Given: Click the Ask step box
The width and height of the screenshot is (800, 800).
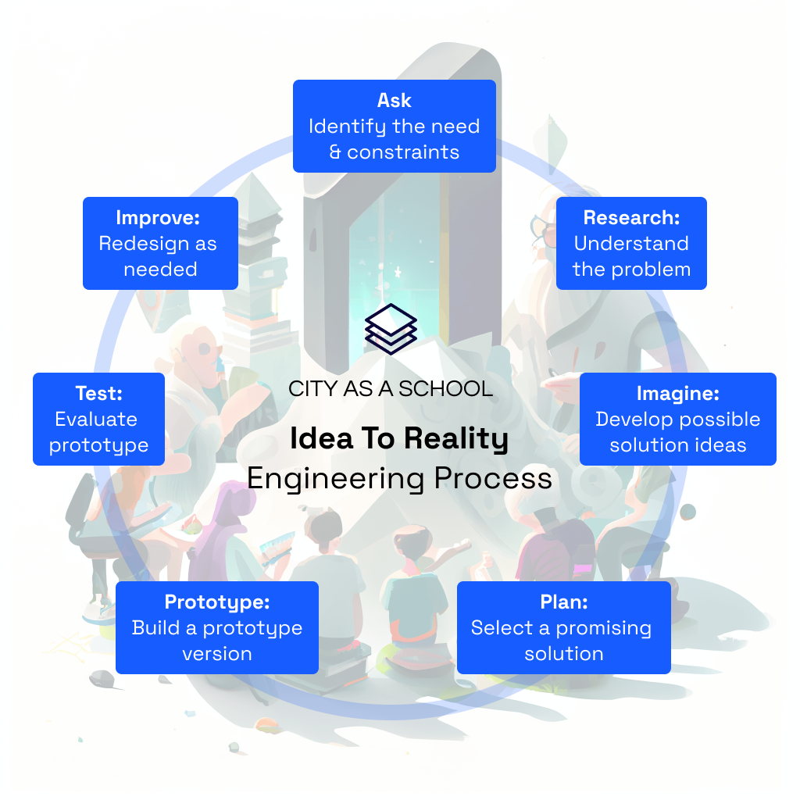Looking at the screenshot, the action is coord(395,126).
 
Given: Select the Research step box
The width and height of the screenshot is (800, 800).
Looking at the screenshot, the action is coord(631,244).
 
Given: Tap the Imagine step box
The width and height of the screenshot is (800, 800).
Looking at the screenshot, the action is coord(678,419).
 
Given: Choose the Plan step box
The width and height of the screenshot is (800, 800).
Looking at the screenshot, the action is coord(564,627).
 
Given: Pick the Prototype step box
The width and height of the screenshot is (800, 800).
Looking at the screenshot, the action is coord(217,627).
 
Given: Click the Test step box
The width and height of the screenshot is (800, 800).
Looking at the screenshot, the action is coord(99,419).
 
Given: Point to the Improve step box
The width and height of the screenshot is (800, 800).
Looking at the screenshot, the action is coord(161,244).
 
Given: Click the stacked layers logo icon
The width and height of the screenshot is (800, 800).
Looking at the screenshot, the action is coord(391,329).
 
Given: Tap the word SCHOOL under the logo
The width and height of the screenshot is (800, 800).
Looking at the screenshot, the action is coord(445,389).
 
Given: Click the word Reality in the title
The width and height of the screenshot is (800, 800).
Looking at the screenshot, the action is coord(456,439).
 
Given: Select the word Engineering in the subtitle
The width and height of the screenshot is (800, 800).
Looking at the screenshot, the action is coord(336,480).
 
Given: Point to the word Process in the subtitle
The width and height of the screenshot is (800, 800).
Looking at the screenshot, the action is coord(493,479).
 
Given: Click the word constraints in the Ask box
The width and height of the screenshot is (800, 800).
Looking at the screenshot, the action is coord(403,152).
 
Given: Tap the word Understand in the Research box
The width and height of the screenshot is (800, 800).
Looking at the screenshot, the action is coord(631,244).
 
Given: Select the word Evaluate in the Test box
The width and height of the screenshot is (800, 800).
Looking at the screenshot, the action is coord(96,420).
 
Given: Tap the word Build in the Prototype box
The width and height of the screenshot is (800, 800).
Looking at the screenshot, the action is coord(156,627).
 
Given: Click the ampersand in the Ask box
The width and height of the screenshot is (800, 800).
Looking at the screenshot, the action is coord(334,152).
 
